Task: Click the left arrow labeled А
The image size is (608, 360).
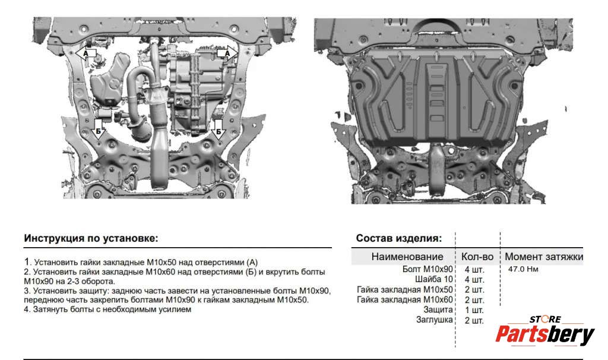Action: point(85,53)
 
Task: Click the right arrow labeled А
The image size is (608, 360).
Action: point(227,53)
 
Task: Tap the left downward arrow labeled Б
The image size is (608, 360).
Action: point(99,129)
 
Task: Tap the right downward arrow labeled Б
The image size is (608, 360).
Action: point(218,129)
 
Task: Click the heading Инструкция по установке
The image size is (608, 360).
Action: point(91,238)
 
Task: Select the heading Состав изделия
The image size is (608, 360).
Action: point(399,238)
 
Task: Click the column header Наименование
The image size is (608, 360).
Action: point(407,257)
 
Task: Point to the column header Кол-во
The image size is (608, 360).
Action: point(477,257)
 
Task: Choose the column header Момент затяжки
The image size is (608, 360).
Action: point(544,257)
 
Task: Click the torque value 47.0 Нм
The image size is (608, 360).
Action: point(523,269)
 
